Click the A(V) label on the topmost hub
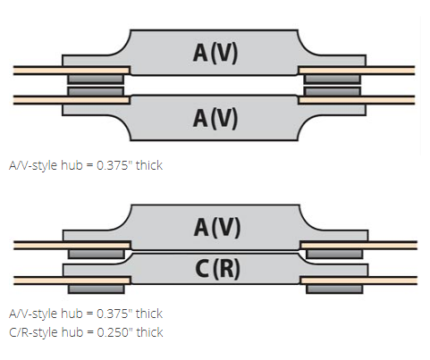point(215,53)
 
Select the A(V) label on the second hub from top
point(215,118)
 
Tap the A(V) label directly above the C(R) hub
point(217,227)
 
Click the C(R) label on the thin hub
point(217,268)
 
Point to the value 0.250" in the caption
point(114,332)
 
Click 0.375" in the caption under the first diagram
point(114,165)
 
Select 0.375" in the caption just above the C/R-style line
point(114,314)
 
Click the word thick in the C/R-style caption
point(149,332)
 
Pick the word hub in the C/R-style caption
point(72,332)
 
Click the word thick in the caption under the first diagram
point(149,165)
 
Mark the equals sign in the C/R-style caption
point(90,332)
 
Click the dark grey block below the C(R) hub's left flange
point(97,289)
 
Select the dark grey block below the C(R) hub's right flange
point(334,289)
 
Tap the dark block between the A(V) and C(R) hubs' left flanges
point(97,254)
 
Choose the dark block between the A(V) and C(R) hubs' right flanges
point(334,254)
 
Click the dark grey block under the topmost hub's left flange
point(96,80)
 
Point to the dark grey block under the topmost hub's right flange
point(333,80)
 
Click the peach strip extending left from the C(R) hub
point(72,280)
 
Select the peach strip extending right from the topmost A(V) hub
point(357,71)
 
